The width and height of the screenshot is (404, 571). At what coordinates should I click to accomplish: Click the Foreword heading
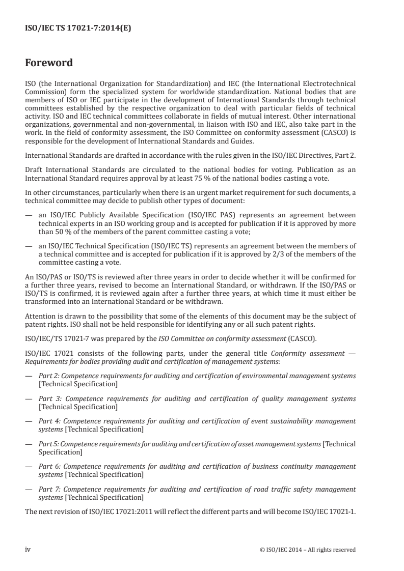[x=49, y=64]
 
